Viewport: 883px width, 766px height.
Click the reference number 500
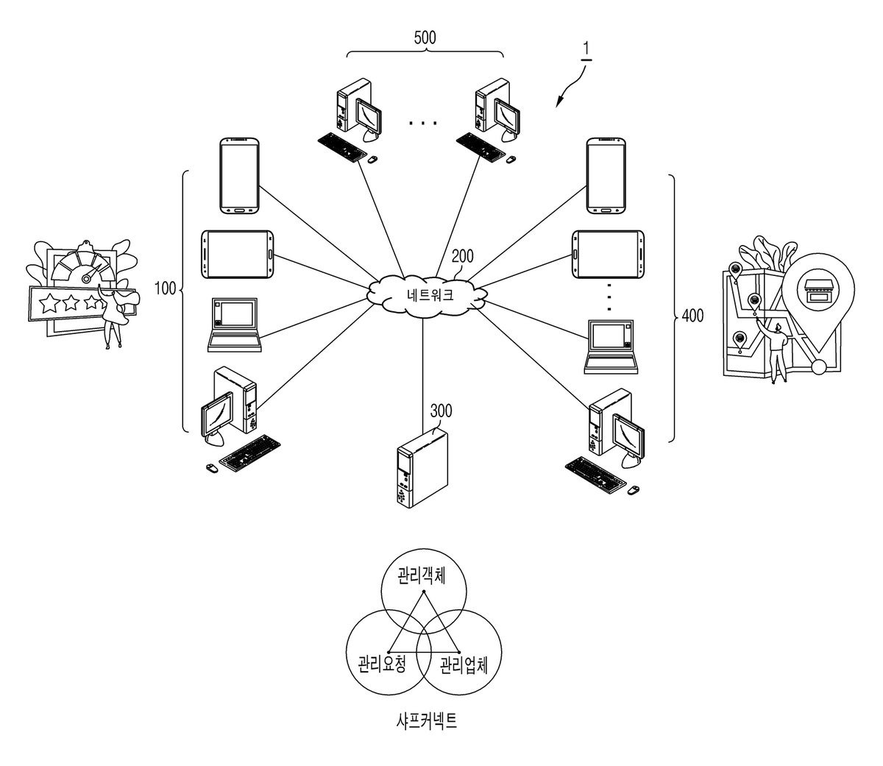(x=425, y=38)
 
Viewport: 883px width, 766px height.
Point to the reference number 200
(x=462, y=256)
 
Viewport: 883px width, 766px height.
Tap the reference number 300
(x=441, y=411)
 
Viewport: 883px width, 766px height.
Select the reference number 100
(x=166, y=288)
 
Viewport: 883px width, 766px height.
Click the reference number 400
(x=692, y=316)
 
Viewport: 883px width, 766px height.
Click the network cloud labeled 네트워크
(x=427, y=296)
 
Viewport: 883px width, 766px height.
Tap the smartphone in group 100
(x=240, y=176)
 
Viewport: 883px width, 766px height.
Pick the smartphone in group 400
(x=606, y=176)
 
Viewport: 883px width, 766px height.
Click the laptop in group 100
(x=234, y=325)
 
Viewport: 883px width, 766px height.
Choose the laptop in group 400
(x=611, y=347)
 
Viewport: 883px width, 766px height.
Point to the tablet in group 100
(x=238, y=254)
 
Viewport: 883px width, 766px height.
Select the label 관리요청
(x=382, y=664)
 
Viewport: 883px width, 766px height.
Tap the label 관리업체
(x=464, y=665)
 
